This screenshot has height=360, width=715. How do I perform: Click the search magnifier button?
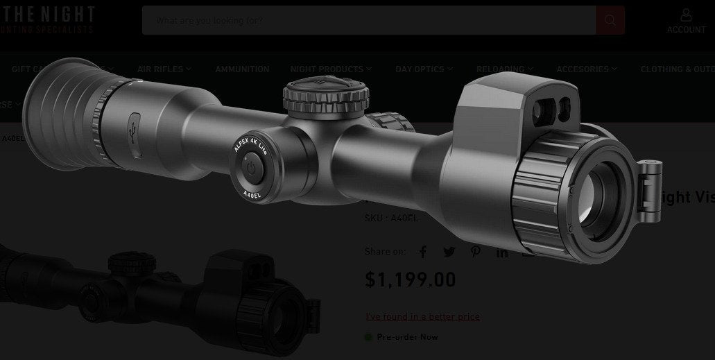610,20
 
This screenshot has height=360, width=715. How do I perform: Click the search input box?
368,20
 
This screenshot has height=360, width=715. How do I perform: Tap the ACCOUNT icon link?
686,21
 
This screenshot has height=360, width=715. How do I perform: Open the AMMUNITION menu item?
242,69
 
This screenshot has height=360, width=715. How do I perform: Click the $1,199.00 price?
411,280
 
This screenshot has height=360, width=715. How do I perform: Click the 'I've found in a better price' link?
422,316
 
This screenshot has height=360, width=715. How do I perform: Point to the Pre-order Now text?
407,337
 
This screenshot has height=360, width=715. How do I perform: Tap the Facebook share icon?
422,252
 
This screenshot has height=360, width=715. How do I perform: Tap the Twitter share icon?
449,252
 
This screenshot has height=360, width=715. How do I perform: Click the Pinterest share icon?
475,252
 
